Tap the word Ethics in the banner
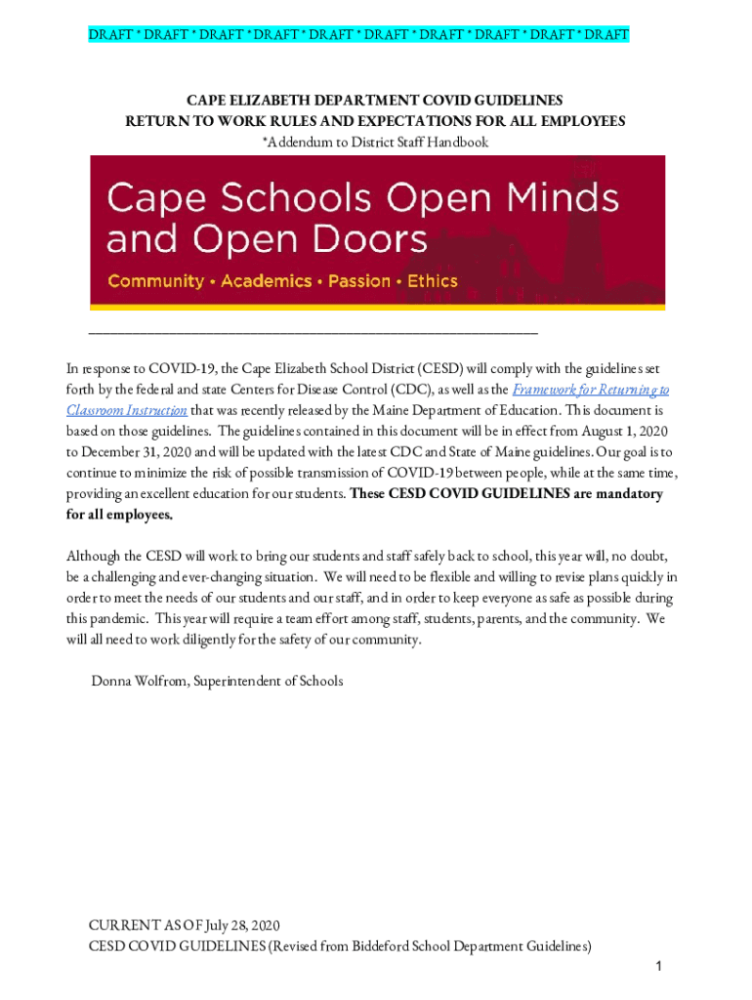pyautogui.click(x=432, y=281)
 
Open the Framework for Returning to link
pyautogui.click(x=591, y=390)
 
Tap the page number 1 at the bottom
pyautogui.click(x=659, y=967)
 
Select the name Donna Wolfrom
pyautogui.click(x=138, y=681)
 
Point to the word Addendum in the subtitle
pyautogui.click(x=297, y=143)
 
